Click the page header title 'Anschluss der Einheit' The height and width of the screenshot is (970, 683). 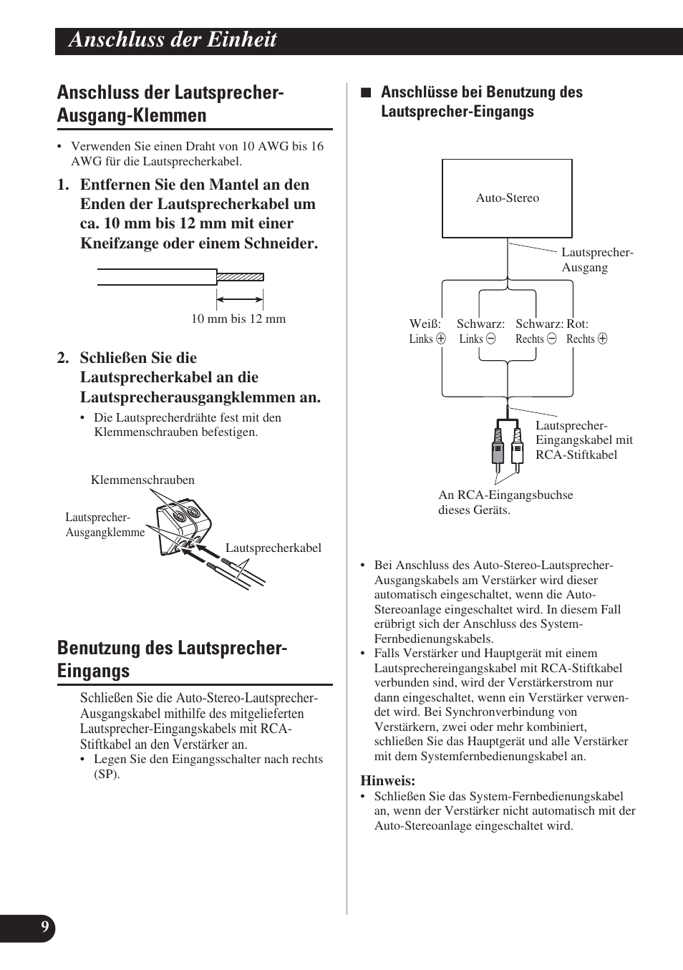(x=173, y=40)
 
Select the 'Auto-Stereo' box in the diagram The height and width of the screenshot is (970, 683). (x=507, y=198)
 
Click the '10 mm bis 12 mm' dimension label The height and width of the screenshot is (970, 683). (x=238, y=319)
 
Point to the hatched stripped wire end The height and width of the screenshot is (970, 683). (x=240, y=277)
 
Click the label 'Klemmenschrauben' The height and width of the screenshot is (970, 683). (x=142, y=480)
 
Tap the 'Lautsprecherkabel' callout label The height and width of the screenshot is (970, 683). (x=273, y=548)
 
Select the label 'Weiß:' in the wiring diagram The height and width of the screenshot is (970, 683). (x=425, y=324)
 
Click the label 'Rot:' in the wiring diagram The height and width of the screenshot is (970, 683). (x=577, y=324)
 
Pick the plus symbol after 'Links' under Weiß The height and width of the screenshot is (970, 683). (x=441, y=339)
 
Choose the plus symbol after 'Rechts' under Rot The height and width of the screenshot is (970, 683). (x=602, y=339)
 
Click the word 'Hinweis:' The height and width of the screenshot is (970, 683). (x=387, y=781)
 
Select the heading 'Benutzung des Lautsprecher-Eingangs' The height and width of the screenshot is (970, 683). (x=172, y=659)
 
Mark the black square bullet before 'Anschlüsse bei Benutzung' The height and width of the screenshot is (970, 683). (x=366, y=92)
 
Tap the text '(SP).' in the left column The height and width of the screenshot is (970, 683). (x=107, y=775)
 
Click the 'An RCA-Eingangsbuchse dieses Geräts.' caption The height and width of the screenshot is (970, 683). (x=505, y=503)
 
